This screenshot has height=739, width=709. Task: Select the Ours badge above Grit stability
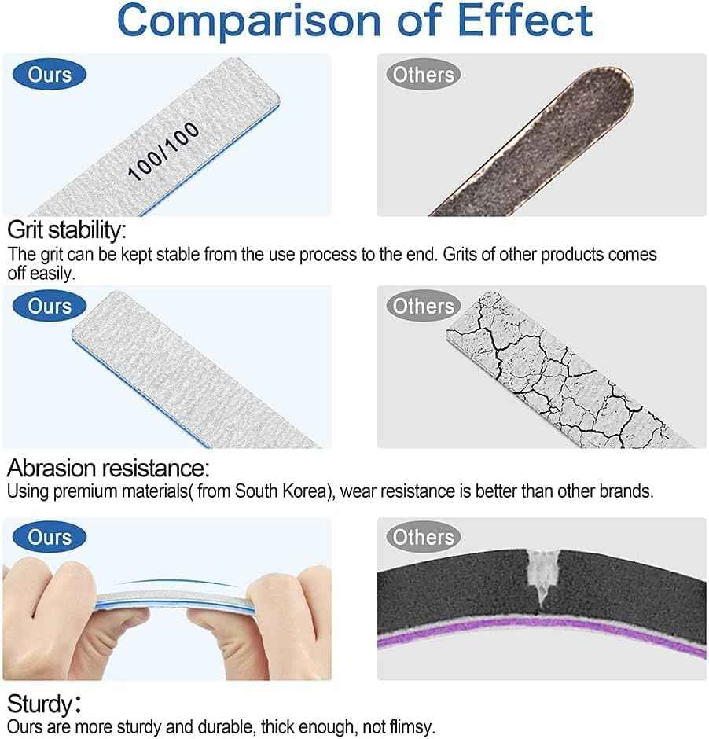point(50,75)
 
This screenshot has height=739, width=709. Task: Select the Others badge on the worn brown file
point(424,75)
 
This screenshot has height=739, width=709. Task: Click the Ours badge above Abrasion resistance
point(50,306)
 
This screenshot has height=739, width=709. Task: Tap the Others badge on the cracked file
point(424,306)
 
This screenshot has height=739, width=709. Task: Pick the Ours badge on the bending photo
point(50,537)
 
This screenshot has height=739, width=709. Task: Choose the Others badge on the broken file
point(424,537)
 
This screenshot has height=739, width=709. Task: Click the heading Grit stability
point(66,231)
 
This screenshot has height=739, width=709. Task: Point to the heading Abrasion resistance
point(108,469)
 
